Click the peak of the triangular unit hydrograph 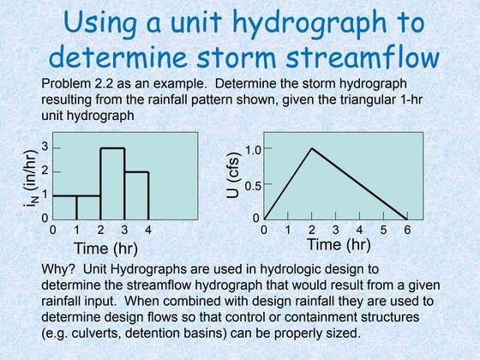tap(312, 149)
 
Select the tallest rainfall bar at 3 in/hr tap(113, 183)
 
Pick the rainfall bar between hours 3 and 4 tap(137, 195)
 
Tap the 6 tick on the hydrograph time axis tap(407, 230)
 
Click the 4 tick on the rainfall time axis tap(149, 230)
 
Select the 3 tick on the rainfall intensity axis tap(45, 148)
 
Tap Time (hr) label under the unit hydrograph tap(339, 244)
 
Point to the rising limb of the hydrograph tap(288, 183)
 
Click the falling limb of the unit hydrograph tap(360, 183)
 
